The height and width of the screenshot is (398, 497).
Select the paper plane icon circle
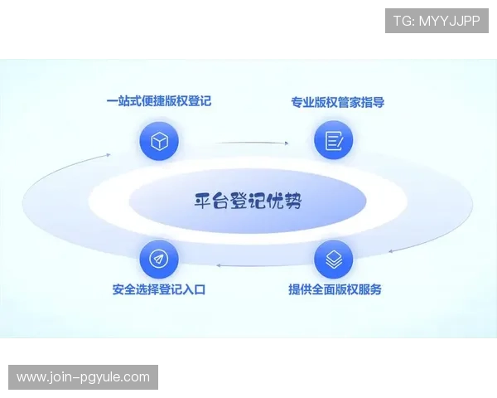[159, 260]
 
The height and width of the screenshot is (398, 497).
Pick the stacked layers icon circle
[334, 260]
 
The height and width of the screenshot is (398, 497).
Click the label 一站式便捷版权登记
[159, 102]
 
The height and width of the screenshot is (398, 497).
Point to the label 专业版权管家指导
[337, 103]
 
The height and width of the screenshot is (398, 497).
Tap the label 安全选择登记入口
[158, 290]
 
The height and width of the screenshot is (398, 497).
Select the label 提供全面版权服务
[335, 290]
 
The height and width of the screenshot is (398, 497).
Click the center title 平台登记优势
[248, 201]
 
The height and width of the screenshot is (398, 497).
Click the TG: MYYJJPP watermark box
[437, 21]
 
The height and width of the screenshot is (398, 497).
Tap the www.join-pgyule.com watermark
[83, 377]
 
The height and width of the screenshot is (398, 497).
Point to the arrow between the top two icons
[248, 143]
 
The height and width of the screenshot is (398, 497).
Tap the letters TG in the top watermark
[402, 21]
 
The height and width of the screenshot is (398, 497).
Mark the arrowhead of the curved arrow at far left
[109, 154]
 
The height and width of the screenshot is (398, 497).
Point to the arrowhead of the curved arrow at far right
[389, 250]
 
